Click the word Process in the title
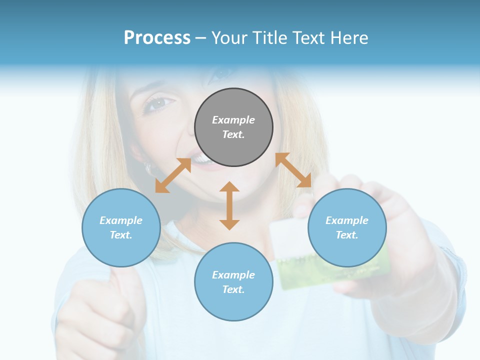click(157, 38)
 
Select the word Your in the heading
click(229, 38)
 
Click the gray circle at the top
click(233, 127)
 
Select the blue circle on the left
click(121, 227)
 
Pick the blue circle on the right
click(347, 227)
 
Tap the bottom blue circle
click(233, 281)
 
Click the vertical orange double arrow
click(229, 205)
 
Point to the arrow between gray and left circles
click(173, 175)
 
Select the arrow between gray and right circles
click(293, 170)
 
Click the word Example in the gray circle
click(233, 120)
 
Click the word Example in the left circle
click(121, 220)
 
